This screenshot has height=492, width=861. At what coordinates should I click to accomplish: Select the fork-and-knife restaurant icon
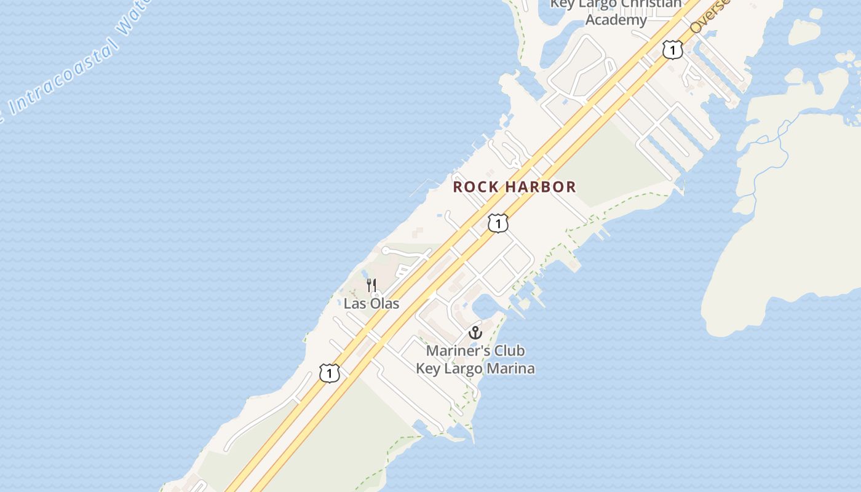[x=371, y=285]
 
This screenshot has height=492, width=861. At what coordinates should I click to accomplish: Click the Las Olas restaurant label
[x=371, y=303]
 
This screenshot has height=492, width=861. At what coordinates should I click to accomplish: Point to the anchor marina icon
[x=475, y=333]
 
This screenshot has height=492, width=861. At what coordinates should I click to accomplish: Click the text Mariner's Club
[x=475, y=351]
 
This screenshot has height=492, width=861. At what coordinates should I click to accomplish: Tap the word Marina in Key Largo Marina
[x=511, y=368]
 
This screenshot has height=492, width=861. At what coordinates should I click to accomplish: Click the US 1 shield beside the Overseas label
[x=673, y=50]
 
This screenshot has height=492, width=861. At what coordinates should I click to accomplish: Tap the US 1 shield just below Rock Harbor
[x=498, y=223]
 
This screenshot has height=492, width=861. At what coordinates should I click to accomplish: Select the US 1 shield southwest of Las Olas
[x=330, y=373]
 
